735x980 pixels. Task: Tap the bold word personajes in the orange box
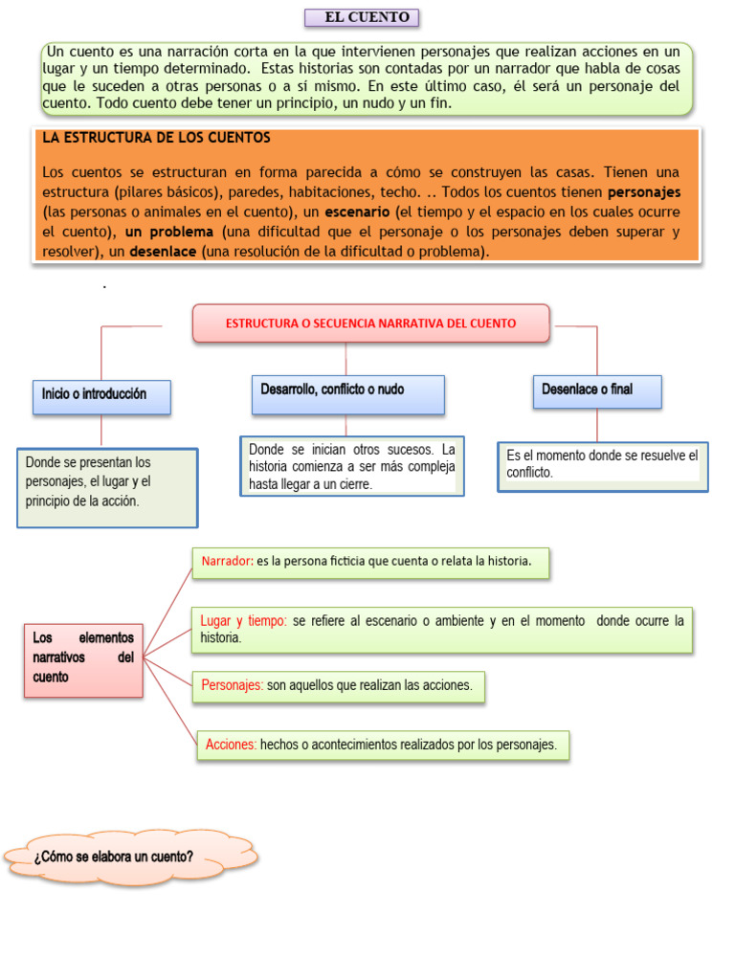coord(644,191)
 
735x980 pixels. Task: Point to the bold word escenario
coord(357,212)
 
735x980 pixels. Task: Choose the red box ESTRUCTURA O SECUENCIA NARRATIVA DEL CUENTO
coord(371,323)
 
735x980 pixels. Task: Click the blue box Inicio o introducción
coord(101,395)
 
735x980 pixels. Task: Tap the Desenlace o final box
coord(596,390)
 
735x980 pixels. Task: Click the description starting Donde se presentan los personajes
coord(106,482)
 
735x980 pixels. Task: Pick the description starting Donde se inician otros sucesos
coord(351,467)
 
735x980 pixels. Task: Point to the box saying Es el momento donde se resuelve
coord(602,464)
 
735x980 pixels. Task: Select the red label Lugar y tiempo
coord(244,621)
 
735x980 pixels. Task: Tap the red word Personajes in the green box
coord(233,686)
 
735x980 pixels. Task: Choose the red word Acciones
coord(231,745)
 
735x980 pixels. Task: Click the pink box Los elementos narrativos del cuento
coord(83,657)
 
